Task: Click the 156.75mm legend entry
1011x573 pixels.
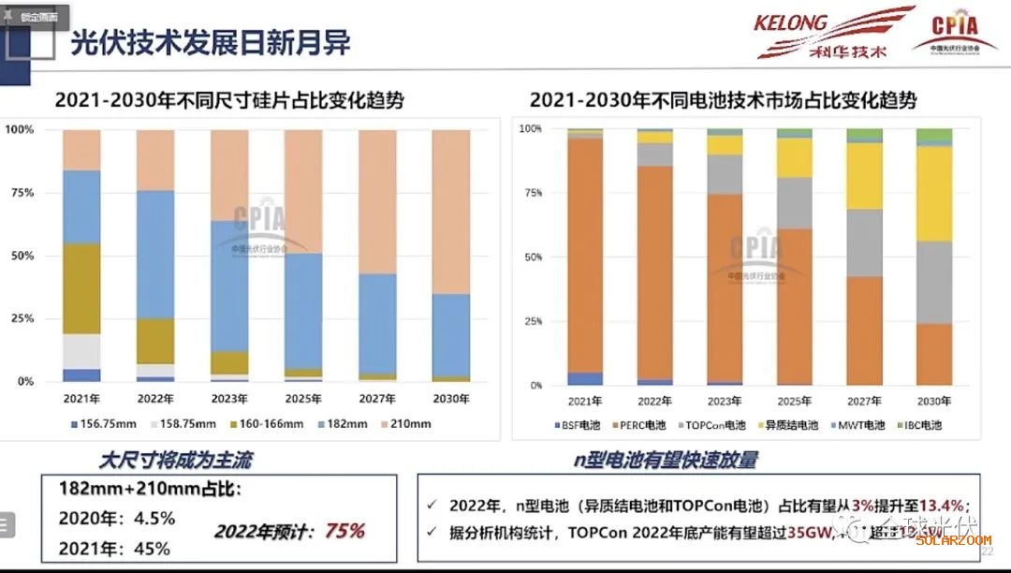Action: point(104,424)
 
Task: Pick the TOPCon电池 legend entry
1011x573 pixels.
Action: point(714,425)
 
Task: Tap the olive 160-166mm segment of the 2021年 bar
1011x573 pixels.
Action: point(81,288)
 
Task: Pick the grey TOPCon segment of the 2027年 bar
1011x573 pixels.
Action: point(864,242)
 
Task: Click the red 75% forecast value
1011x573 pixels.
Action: point(344,532)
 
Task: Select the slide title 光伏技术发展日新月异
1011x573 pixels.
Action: point(211,43)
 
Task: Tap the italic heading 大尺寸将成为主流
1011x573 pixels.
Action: point(175,460)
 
